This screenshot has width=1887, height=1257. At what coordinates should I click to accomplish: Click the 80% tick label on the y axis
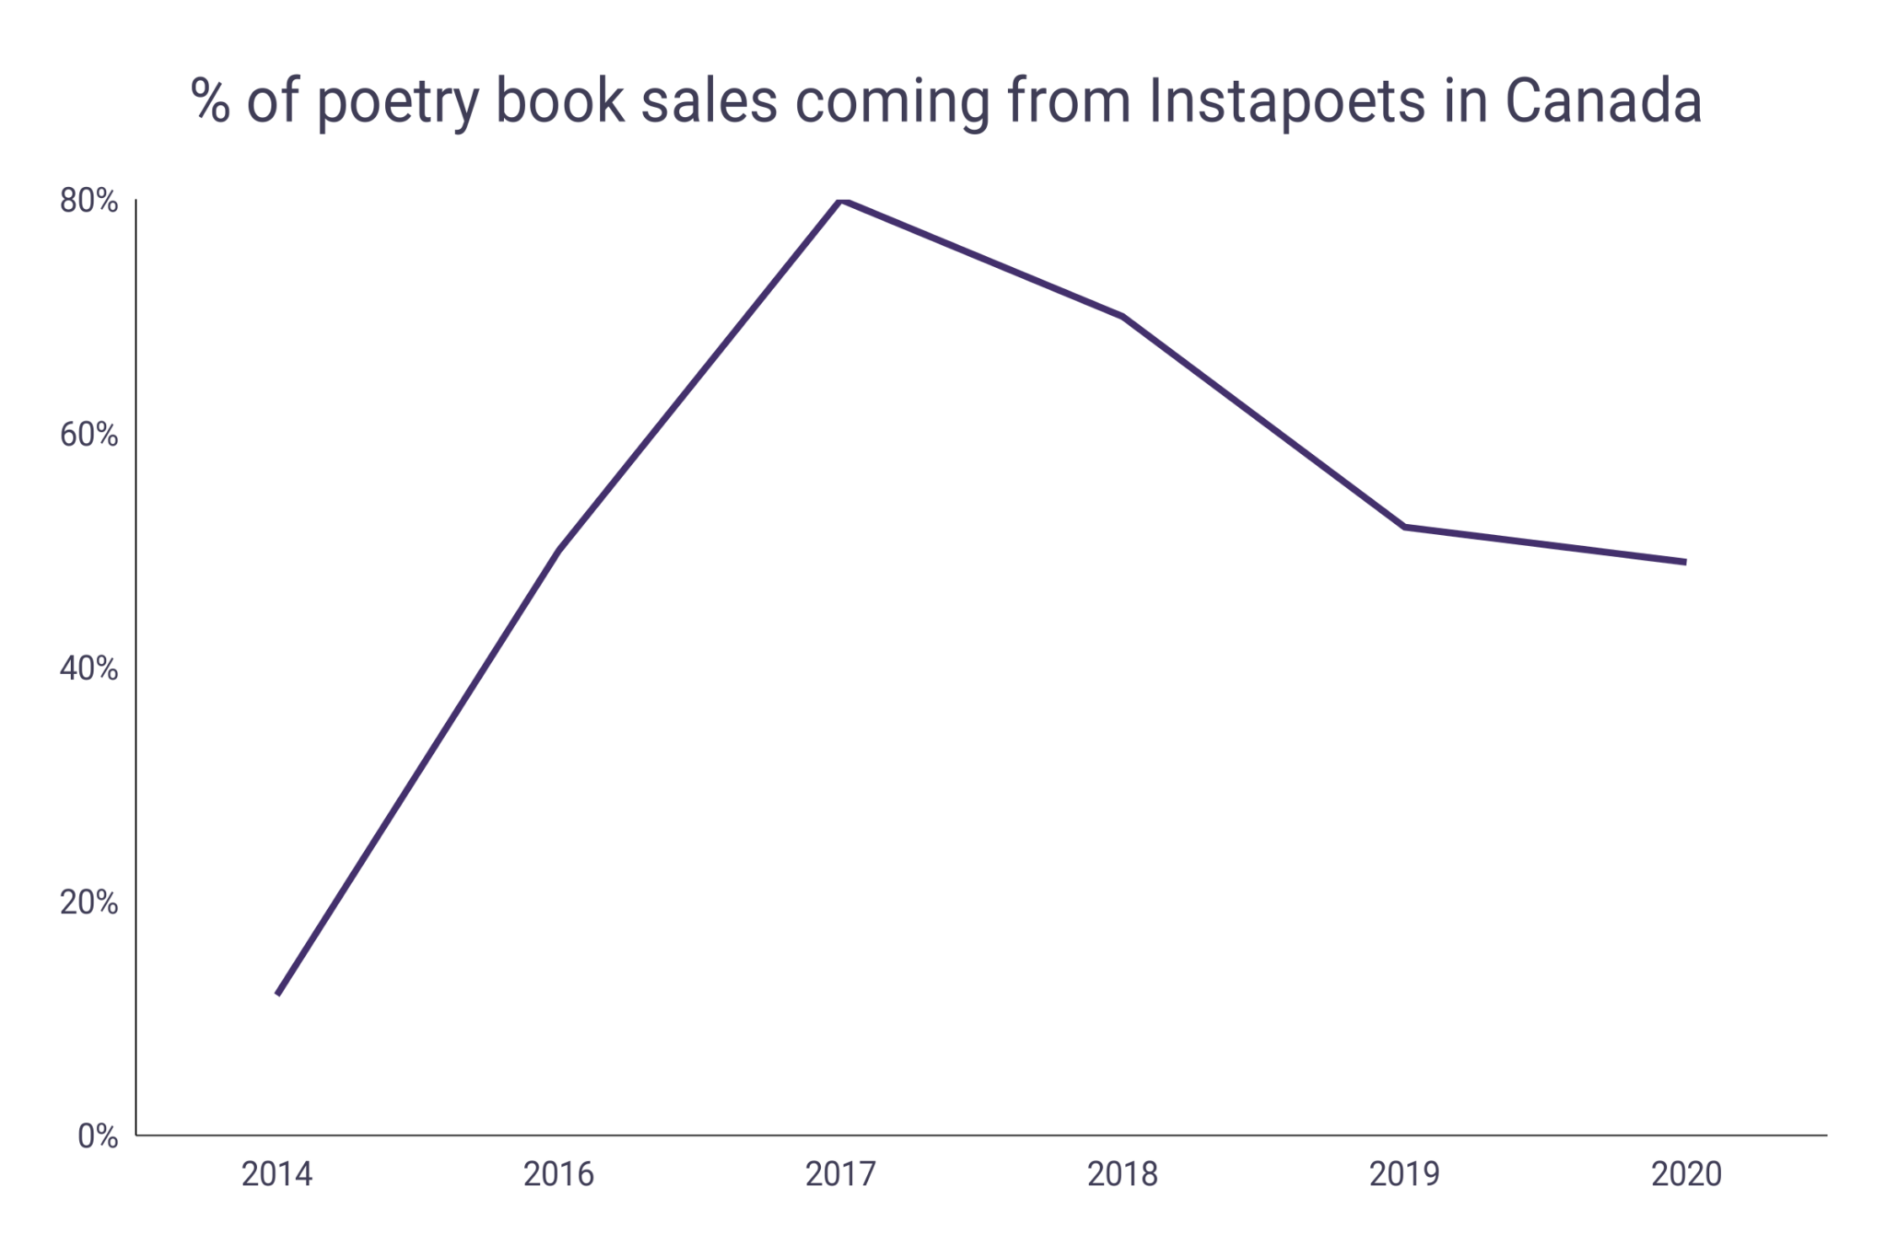89,201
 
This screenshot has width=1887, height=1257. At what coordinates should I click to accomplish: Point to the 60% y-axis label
89,435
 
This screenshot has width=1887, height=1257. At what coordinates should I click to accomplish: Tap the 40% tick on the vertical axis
89,669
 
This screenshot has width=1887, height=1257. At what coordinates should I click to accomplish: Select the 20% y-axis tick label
89,902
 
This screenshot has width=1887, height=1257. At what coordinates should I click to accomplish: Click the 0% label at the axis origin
98,1136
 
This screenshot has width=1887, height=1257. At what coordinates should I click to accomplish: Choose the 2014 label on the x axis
277,1174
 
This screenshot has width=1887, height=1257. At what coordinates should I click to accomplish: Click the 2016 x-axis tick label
559,1174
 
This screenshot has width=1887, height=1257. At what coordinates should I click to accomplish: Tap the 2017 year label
841,1174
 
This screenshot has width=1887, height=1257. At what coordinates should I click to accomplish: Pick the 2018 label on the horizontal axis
1123,1174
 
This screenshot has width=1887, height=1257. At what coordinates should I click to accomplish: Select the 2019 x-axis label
1404,1174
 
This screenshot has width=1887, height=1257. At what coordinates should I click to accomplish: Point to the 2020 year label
1686,1174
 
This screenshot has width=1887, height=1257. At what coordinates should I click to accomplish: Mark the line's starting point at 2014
278,994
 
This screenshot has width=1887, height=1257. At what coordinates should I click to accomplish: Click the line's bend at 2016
559,551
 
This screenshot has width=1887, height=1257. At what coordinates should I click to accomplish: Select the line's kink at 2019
1404,527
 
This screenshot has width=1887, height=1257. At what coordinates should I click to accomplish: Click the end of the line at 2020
1685,562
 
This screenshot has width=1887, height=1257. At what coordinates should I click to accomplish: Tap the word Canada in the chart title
1603,101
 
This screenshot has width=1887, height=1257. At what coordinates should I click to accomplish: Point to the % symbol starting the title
210,101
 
